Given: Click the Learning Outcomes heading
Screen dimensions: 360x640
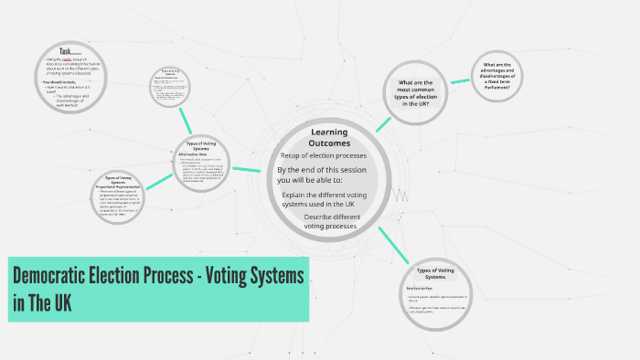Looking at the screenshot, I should [328, 138].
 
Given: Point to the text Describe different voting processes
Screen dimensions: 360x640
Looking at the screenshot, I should [333, 221].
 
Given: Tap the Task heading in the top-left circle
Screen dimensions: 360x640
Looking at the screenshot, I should [65, 51].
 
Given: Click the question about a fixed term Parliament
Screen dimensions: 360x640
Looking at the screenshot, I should [502, 74].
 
